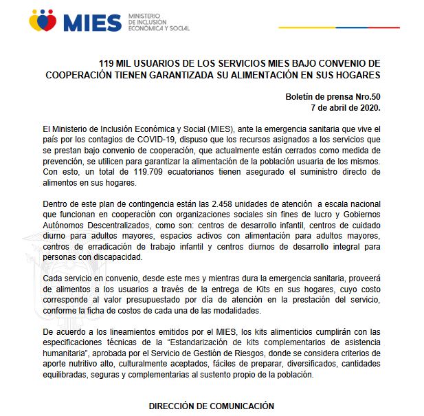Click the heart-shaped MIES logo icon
tap(43, 21)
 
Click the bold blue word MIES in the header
tap(91, 22)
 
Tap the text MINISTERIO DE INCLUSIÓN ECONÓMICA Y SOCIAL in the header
tap(158, 22)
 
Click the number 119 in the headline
tap(107, 63)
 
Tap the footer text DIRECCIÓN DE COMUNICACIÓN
tap(212, 406)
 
